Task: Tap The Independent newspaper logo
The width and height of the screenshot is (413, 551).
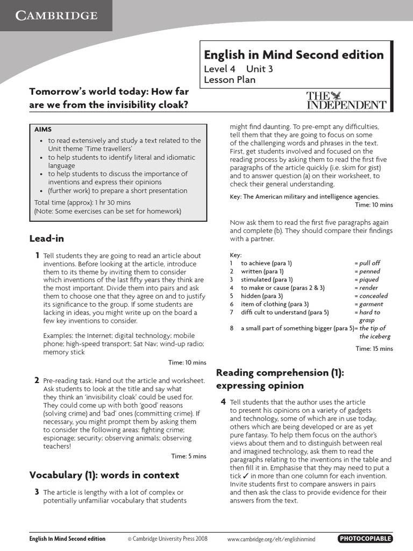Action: (x=346, y=101)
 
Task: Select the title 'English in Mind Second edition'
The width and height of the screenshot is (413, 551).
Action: (x=294, y=55)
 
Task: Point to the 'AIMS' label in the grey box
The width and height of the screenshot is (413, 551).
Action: (x=43, y=130)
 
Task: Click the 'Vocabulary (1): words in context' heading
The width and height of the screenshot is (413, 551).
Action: (x=104, y=475)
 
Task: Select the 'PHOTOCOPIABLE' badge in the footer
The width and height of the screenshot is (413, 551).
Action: (x=365, y=539)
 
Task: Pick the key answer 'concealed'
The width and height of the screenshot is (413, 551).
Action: (x=373, y=296)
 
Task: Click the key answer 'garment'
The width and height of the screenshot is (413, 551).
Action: (x=371, y=304)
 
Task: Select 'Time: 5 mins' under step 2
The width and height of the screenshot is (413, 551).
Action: (x=189, y=456)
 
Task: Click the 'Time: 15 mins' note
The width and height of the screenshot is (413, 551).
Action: (x=374, y=349)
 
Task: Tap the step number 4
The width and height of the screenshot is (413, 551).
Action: (x=223, y=402)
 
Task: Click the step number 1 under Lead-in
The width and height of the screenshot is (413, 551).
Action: (x=37, y=256)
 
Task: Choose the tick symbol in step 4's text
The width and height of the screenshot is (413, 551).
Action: (x=246, y=476)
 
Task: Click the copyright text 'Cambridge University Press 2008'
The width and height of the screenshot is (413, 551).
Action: (x=167, y=539)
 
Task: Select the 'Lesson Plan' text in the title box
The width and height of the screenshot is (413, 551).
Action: (x=230, y=80)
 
